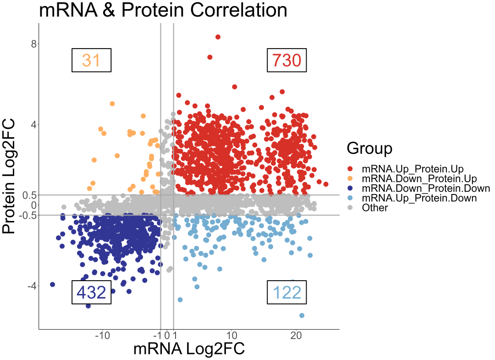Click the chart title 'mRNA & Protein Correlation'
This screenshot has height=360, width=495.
(x=163, y=10)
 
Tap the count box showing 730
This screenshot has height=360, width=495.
(x=287, y=60)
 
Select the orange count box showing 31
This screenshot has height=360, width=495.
(x=91, y=60)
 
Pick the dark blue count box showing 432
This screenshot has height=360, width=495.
(x=91, y=292)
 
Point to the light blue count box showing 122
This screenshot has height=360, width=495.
(x=287, y=292)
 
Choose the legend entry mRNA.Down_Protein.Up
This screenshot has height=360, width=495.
(x=419, y=179)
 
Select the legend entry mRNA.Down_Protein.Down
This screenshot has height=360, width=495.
(x=425, y=188)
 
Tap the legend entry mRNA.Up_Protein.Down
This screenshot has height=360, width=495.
(x=419, y=198)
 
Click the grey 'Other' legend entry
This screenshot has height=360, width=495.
(x=374, y=208)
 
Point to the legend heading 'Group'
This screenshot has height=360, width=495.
(x=369, y=148)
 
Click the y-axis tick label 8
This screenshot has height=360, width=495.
(x=33, y=44)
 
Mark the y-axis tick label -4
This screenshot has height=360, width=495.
(x=31, y=286)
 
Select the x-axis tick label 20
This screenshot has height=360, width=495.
(x=296, y=336)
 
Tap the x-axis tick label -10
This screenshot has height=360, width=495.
(x=102, y=336)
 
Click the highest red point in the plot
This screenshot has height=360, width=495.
(x=218, y=37)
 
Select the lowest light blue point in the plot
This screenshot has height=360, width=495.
(x=302, y=316)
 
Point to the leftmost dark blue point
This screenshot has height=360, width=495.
(x=52, y=285)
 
